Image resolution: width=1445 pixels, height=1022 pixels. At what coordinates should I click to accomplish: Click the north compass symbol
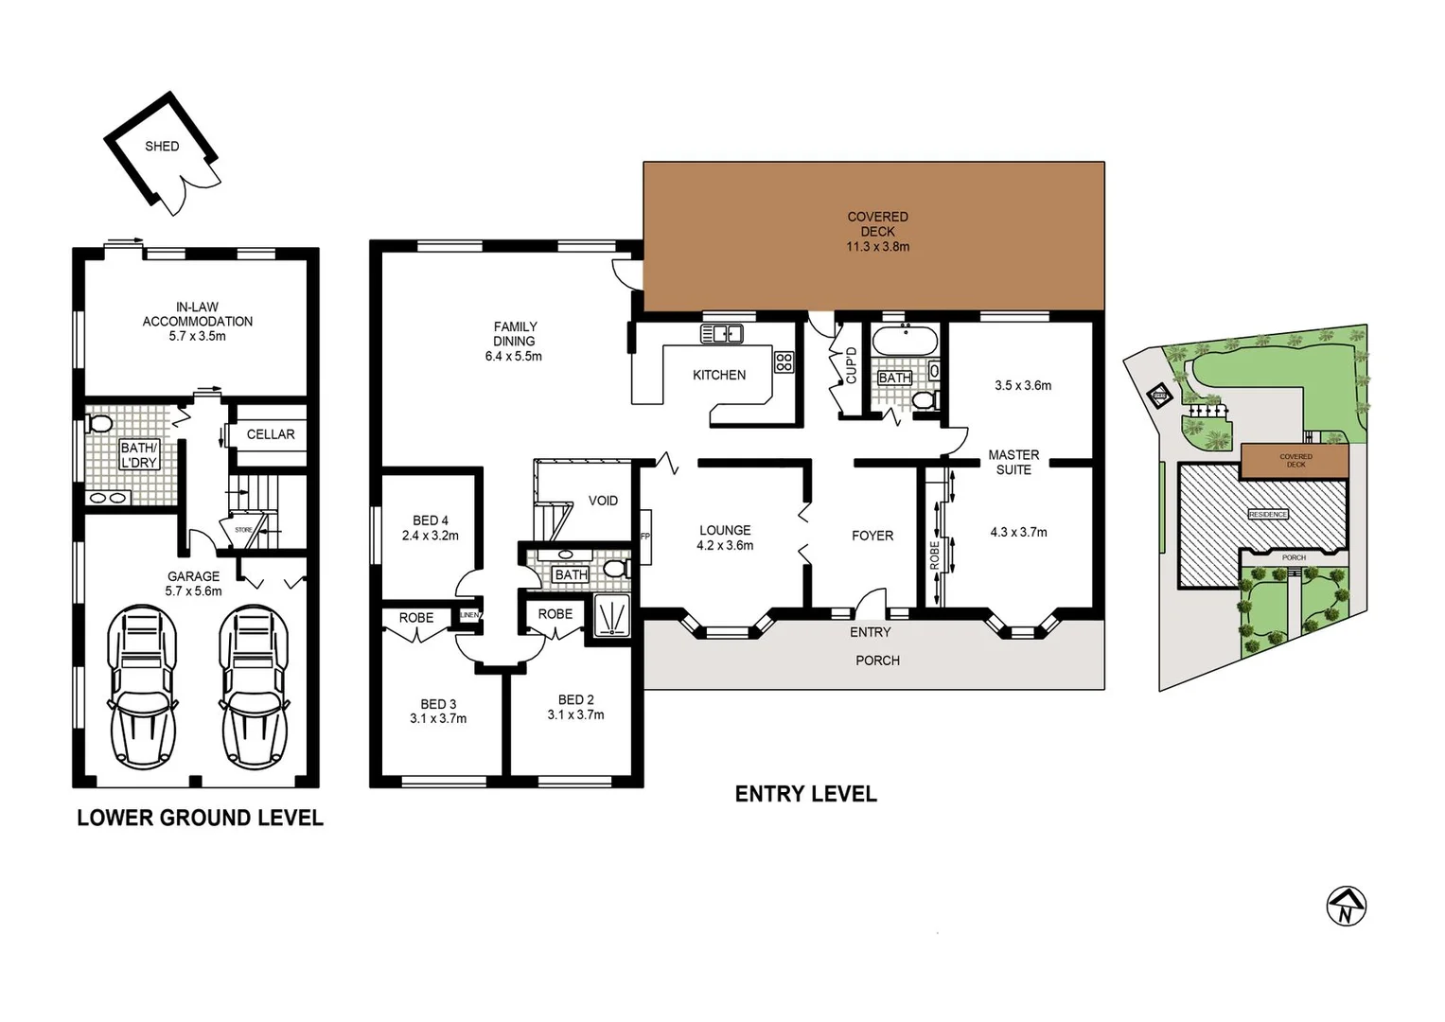(x=1346, y=907)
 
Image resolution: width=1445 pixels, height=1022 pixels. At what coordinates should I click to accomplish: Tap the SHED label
(x=162, y=147)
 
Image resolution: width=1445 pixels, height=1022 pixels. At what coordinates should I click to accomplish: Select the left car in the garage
(x=142, y=686)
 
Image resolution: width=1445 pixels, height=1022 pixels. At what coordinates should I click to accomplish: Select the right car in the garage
(x=255, y=686)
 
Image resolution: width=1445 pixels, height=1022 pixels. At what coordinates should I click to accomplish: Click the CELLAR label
(x=271, y=434)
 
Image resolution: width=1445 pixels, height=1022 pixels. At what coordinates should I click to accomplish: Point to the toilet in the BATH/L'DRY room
(x=98, y=423)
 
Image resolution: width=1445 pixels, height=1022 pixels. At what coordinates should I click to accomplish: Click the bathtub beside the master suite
(x=905, y=341)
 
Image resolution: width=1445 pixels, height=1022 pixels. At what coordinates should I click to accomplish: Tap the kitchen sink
(x=721, y=333)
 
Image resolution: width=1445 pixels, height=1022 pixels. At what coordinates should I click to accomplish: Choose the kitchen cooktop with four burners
(x=784, y=361)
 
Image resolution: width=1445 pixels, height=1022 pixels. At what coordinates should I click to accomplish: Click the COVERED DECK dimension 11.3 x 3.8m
(x=877, y=247)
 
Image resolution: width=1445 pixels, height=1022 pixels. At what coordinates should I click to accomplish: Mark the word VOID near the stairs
(x=603, y=501)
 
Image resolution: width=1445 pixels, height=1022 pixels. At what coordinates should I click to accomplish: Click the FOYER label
(x=872, y=536)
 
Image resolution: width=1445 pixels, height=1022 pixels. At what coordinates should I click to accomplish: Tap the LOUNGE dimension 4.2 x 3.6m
(x=725, y=546)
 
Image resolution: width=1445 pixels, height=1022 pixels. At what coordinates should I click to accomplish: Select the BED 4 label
(x=431, y=520)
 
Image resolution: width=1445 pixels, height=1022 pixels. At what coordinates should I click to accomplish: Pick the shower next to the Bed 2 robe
(x=612, y=617)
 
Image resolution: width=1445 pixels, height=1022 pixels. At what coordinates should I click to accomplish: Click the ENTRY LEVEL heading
(x=805, y=794)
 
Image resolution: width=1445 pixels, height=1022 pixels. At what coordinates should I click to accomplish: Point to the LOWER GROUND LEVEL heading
(x=200, y=818)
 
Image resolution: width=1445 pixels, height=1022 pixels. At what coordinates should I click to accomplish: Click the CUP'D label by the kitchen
(x=851, y=365)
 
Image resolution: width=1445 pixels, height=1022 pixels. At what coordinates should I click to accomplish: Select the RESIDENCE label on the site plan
(x=1267, y=514)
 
